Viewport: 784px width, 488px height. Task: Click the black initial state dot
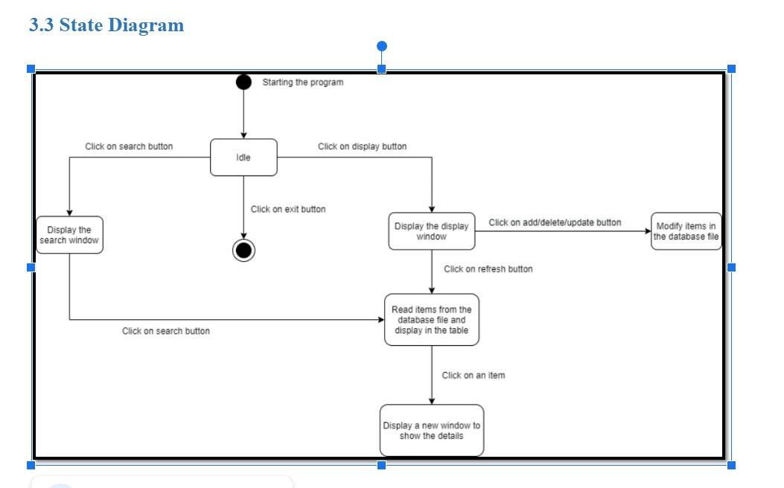243,82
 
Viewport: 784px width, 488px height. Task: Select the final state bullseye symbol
243,251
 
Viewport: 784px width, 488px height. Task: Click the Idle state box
243,158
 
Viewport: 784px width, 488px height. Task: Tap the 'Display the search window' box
69,235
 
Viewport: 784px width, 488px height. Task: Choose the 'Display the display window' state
432,231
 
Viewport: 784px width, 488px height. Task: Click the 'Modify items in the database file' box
686,231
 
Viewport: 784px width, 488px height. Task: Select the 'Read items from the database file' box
432,320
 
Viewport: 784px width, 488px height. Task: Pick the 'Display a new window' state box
432,431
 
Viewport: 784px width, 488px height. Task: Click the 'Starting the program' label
303,83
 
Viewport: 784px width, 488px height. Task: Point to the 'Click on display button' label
363,147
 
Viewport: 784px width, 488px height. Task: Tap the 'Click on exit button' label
288,209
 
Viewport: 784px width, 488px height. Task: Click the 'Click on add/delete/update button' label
555,222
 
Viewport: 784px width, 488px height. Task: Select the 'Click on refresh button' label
488,269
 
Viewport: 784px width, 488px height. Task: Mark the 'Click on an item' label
474,376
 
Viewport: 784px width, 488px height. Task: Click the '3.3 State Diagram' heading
106,25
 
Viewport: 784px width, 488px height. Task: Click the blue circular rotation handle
382,47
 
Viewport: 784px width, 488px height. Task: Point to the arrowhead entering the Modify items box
647,231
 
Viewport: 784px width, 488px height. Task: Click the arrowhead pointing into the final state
243,236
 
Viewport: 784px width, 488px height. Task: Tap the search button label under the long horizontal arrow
166,331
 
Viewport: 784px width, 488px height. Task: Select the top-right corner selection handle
731,68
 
